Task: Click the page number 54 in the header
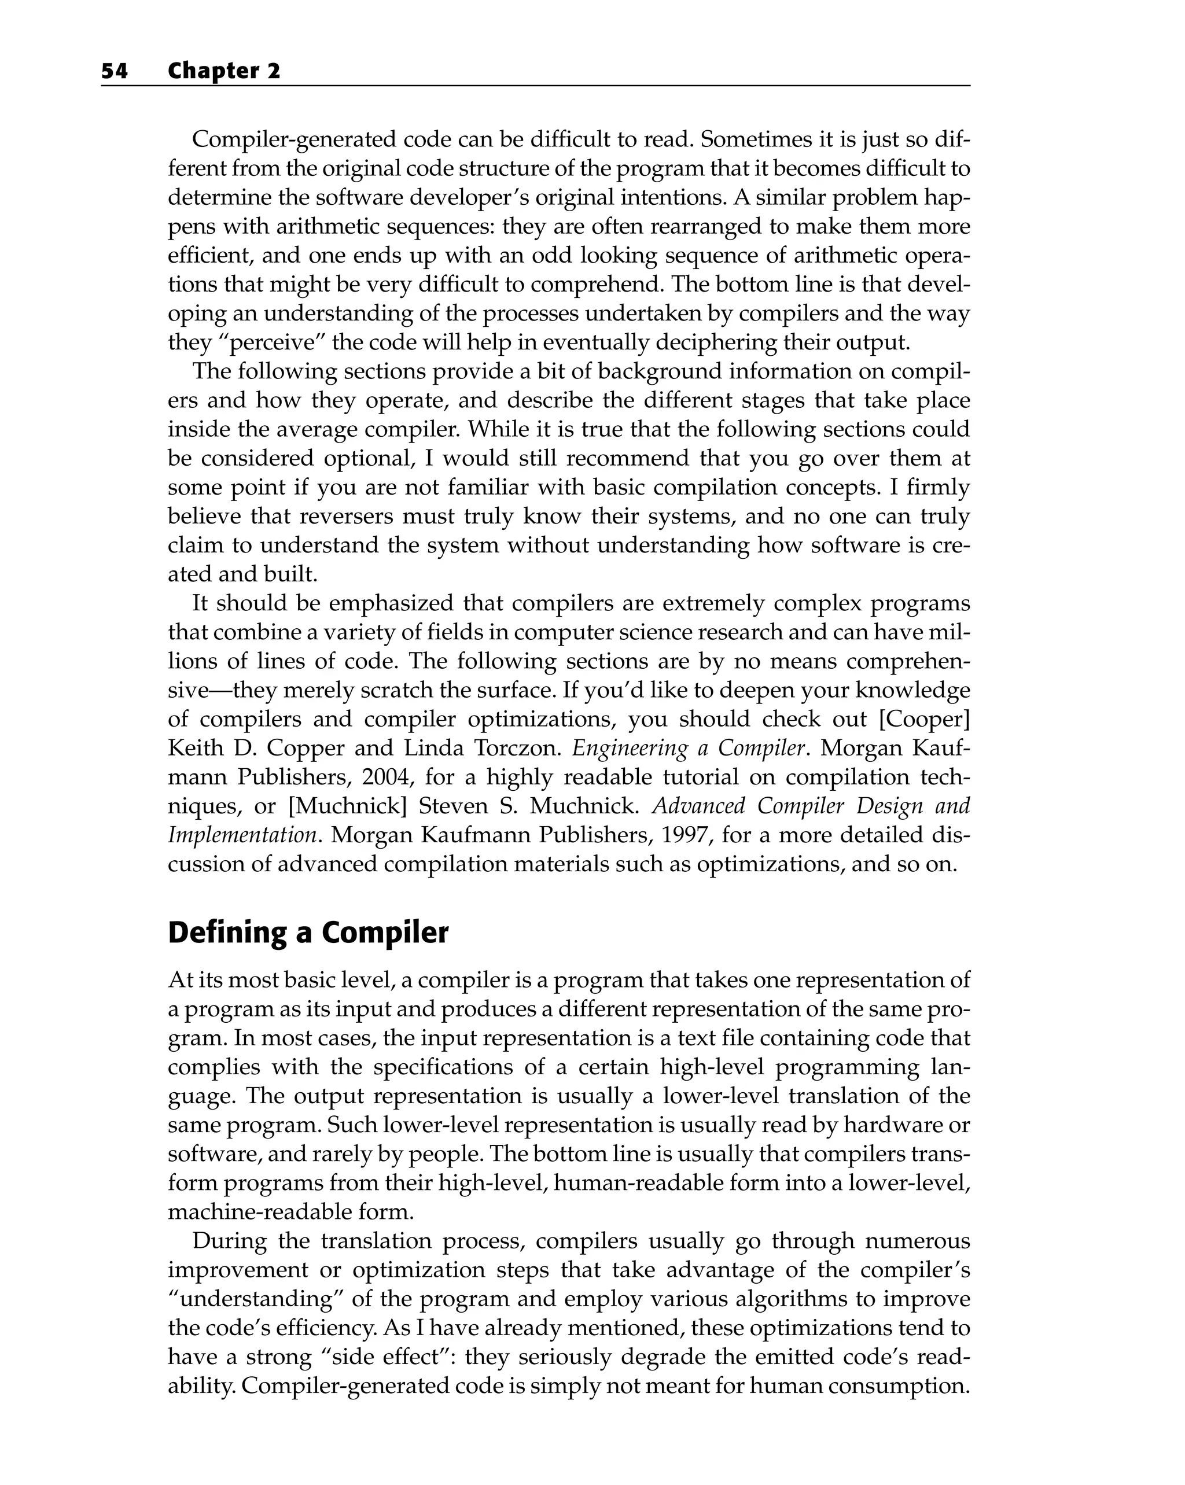pos(115,71)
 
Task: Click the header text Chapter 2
pos(224,71)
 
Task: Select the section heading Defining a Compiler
pos(308,933)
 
